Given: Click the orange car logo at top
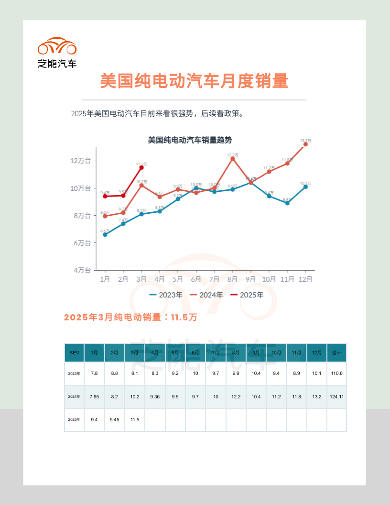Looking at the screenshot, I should click(57, 46).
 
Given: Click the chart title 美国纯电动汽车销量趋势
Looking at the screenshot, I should click(190, 140).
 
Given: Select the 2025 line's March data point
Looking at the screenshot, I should click(141, 167).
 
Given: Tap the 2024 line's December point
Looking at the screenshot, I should click(305, 144).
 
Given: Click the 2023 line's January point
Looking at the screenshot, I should click(105, 234).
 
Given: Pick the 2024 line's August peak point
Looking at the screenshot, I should click(233, 159).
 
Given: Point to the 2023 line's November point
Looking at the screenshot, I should click(287, 203).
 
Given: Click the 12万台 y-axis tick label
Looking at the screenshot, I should click(80, 161).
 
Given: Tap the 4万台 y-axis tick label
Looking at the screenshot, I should click(82, 270).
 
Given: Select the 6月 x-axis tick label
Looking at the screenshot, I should click(196, 279).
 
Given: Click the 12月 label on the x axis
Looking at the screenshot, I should click(305, 279).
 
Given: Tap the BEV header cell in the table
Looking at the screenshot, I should click(74, 352).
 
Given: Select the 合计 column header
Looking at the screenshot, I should click(336, 352).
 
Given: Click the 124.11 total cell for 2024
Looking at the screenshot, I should click(336, 396).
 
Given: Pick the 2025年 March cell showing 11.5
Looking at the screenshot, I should click(135, 419).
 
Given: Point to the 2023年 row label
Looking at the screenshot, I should click(74, 373).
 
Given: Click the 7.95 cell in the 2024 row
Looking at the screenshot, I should click(94, 396).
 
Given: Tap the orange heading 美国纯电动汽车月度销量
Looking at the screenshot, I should click(194, 81).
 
